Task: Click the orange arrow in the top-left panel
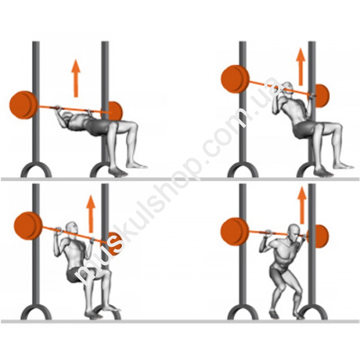point(76,78)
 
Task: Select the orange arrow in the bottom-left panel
point(91,214)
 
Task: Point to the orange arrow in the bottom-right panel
point(302,206)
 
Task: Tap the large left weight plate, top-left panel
point(24,105)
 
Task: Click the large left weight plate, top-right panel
point(235,79)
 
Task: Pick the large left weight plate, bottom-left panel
point(28,226)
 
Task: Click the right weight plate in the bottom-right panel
point(320,236)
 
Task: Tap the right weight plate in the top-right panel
point(321,96)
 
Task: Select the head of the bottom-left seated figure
point(72,230)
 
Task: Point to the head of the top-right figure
point(287,89)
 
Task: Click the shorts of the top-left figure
point(96,127)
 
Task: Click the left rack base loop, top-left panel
point(36,169)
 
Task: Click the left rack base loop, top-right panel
point(243,169)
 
